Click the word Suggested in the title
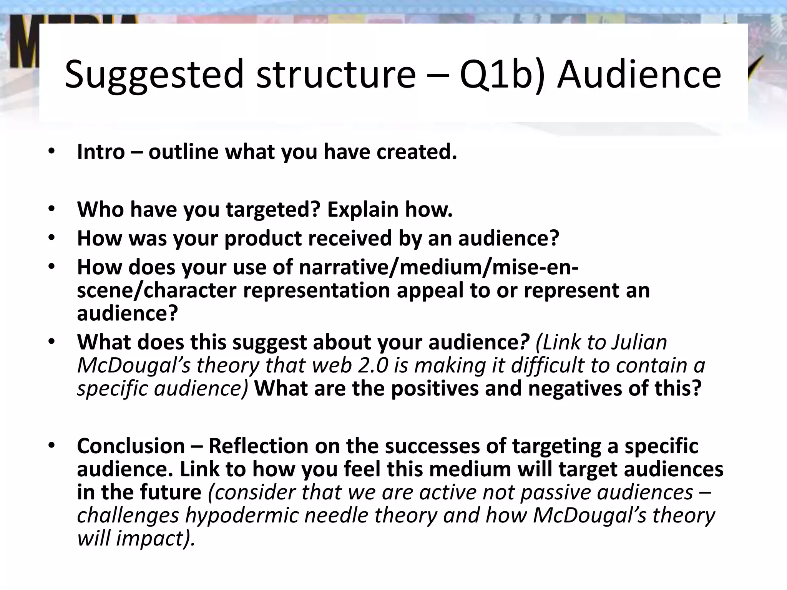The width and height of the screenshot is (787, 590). tap(154, 75)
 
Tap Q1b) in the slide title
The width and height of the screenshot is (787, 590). tap(501, 75)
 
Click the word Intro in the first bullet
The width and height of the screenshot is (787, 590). tap(101, 152)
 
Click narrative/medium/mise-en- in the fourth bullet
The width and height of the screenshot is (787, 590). tap(438, 267)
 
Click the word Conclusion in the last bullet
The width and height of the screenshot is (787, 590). tap(131, 446)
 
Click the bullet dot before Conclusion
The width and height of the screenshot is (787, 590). tap(52, 446)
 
